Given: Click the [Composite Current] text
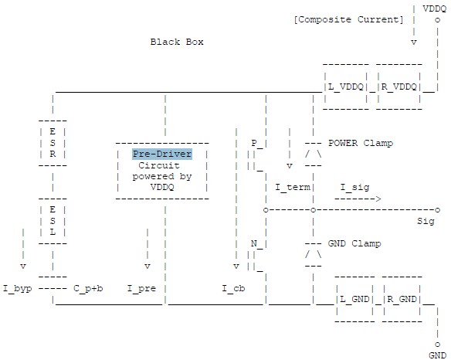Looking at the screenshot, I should [x=348, y=19].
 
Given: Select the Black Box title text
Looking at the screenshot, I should [x=177, y=42].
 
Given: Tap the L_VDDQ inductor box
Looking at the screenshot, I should [x=345, y=87].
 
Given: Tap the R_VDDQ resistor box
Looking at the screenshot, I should [x=398, y=87].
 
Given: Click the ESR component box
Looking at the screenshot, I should [x=53, y=143].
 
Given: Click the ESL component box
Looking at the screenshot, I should [x=53, y=221].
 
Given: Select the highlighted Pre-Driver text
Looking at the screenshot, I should [x=162, y=154].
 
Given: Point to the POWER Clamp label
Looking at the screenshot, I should [x=360, y=143].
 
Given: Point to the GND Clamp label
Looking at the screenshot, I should [x=354, y=243].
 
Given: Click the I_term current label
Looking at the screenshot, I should [x=292, y=188].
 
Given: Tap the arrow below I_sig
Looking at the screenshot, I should [x=358, y=199].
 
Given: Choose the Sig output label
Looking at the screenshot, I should [x=426, y=221].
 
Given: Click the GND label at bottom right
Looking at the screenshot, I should [x=437, y=355].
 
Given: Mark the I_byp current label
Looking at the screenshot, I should [x=17, y=288].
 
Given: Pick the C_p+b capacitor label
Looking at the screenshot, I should [x=88, y=288].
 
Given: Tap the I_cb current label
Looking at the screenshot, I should [x=234, y=288].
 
